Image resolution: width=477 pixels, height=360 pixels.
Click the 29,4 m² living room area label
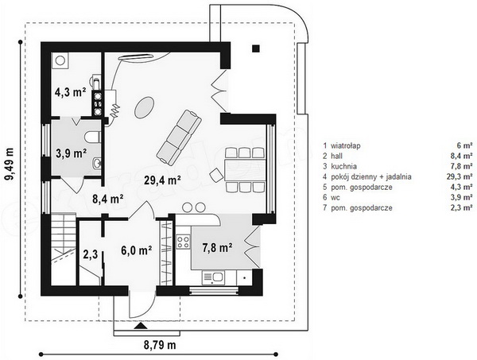click(162, 180)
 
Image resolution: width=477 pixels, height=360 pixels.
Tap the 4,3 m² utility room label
click(70, 92)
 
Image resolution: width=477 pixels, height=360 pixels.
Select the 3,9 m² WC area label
click(72, 153)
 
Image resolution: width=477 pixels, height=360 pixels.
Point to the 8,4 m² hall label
click(107, 199)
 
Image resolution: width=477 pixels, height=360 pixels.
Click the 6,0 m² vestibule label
click(137, 250)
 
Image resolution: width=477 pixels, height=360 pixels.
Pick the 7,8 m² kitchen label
click(218, 248)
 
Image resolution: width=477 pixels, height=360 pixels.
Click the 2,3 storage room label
click(91, 254)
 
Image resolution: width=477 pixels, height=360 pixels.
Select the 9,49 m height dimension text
click(10, 165)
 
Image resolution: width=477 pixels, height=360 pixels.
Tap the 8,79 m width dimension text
click(160, 345)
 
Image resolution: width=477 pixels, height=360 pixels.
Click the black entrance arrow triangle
click(141, 326)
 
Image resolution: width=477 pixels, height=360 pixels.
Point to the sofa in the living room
click(179, 136)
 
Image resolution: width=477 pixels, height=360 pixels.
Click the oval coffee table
click(144, 107)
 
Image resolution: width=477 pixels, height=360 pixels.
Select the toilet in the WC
click(92, 137)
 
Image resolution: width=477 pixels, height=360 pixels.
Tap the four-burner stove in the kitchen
click(183, 242)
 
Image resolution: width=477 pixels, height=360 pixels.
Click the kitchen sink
click(213, 277)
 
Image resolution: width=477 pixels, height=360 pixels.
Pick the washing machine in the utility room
click(60, 61)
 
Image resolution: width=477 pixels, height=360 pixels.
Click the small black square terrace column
click(256, 48)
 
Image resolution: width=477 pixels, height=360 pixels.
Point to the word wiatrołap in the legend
click(346, 145)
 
